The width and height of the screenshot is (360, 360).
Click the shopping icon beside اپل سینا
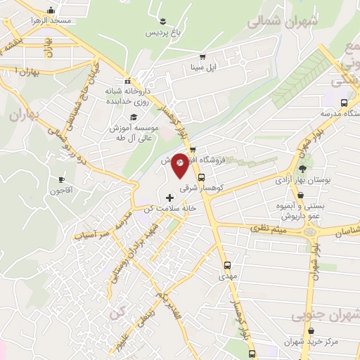click(x=202, y=57)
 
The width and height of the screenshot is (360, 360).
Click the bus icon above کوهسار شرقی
click(x=202, y=177)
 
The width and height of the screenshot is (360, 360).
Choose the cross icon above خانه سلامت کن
click(x=169, y=197)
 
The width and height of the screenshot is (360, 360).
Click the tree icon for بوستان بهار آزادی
click(x=302, y=169)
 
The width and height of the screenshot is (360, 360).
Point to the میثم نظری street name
click(x=264, y=229)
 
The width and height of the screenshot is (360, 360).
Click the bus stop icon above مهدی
click(x=226, y=265)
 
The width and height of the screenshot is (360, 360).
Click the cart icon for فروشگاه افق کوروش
click(x=193, y=148)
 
